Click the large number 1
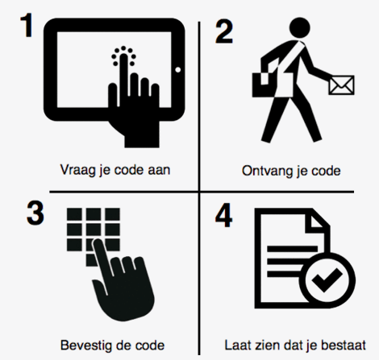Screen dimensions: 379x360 pyautogui.click(x=27, y=26)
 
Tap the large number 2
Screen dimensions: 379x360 pyautogui.click(x=224, y=31)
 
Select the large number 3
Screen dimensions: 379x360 pyautogui.click(x=35, y=213)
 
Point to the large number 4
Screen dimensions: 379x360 pyautogui.click(x=223, y=215)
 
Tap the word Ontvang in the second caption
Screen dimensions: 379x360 pyautogui.click(x=266, y=171)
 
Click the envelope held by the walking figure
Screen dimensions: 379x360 pyautogui.click(x=341, y=85)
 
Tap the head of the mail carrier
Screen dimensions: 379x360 pyautogui.click(x=299, y=27)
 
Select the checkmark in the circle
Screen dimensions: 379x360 pyautogui.click(x=327, y=279)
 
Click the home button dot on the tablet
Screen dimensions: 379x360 pyautogui.click(x=177, y=70)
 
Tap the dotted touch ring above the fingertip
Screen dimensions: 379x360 pyautogui.click(x=123, y=55)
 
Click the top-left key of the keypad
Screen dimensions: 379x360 pyautogui.click(x=74, y=214)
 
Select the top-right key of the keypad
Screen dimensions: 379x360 pyautogui.click(x=112, y=214)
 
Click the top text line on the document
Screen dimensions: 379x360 pyautogui.click(x=293, y=249)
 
